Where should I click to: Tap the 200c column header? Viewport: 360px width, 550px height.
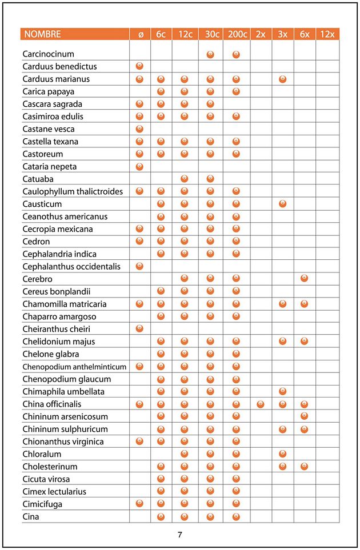pos(236,34)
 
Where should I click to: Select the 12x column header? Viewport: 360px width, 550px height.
pos(327,34)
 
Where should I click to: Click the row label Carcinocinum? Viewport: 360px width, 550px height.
pos(49,54)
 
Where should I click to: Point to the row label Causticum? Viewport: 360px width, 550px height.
pos(42,204)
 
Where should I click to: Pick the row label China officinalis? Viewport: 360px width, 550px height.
pos(52,404)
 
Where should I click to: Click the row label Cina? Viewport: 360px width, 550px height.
pos(31,516)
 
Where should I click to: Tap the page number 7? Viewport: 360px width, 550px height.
pos(180,535)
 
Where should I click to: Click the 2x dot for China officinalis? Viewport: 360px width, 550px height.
pos(261,404)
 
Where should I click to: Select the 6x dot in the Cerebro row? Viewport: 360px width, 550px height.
pos(304,279)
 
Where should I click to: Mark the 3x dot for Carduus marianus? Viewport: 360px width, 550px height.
pos(282,79)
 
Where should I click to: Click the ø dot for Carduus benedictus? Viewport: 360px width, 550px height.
pos(139,66)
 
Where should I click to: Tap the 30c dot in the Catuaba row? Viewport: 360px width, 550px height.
pos(210,179)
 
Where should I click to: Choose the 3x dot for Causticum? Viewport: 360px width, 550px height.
pos(282,204)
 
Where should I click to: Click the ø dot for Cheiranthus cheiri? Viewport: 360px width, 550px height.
pos(139,328)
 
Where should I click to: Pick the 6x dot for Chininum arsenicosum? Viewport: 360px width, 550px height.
pos(304,416)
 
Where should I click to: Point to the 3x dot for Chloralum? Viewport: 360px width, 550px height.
pos(282,453)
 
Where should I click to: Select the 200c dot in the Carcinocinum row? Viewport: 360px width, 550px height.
pos(236,54)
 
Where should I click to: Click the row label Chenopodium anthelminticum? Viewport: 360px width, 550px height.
pos(75,366)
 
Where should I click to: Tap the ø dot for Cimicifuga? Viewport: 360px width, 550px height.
pos(139,504)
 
